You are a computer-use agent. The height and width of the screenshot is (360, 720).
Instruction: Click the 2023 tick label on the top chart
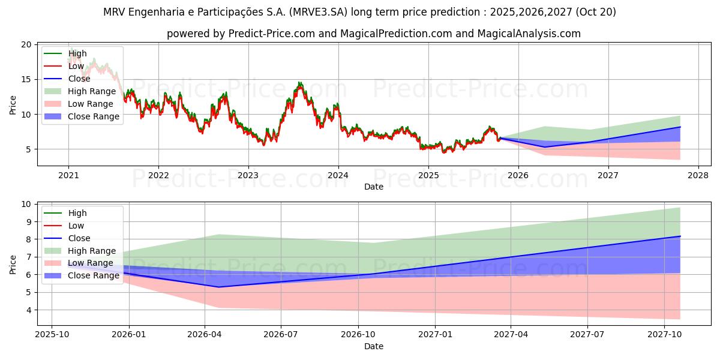248,175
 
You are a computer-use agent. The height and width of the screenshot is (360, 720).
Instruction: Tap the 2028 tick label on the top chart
698,175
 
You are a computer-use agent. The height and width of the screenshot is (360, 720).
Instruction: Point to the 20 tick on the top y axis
26,44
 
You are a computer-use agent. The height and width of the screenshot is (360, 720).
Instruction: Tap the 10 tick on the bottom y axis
26,204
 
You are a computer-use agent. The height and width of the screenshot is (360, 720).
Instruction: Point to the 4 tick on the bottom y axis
29,310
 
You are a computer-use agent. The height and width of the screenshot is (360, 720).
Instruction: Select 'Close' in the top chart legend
79,79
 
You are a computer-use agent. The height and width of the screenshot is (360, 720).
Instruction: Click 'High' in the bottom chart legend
77,213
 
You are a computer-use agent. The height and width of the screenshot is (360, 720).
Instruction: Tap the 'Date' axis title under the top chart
374,187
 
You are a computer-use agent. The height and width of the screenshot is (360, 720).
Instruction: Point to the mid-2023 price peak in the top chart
299,83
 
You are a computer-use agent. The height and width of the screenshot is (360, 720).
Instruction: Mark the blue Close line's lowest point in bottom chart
218,287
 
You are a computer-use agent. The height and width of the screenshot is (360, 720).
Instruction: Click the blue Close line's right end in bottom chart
680,236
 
